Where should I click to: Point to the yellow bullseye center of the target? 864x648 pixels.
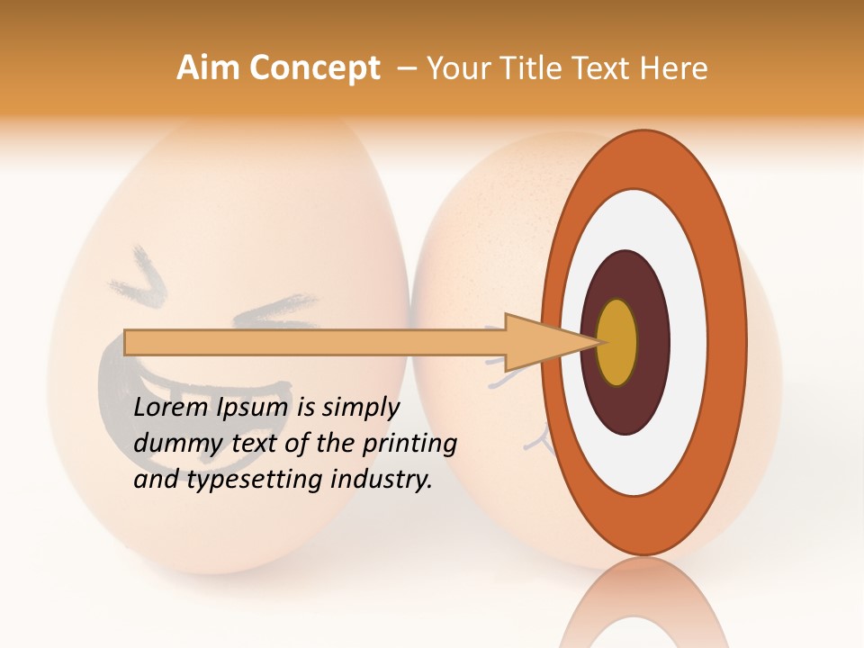click(x=617, y=342)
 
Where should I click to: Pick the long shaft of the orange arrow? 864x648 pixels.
click(x=315, y=342)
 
